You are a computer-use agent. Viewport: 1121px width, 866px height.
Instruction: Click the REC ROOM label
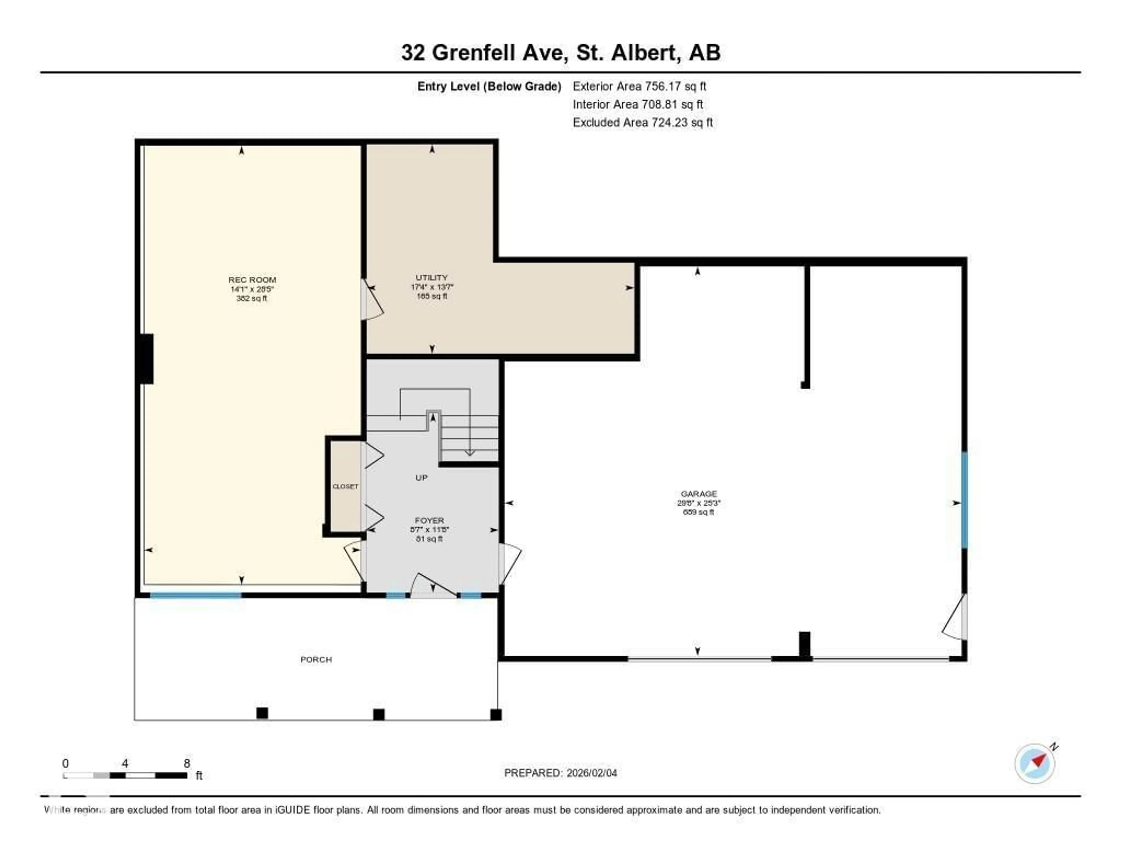pos(252,280)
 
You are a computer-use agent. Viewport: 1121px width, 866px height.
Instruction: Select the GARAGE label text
pos(699,494)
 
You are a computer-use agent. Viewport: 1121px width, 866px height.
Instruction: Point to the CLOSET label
pos(345,486)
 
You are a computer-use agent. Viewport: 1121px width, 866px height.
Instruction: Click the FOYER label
pos(430,521)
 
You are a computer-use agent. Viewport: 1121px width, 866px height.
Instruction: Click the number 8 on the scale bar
pos(187,763)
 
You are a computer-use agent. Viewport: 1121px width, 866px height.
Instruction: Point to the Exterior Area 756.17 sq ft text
pos(640,86)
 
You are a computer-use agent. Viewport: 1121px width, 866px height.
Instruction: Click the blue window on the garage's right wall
pos(965,500)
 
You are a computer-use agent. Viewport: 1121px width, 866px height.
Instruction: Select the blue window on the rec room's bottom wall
pos(196,595)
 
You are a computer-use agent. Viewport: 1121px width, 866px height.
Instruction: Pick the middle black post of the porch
pos(379,714)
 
